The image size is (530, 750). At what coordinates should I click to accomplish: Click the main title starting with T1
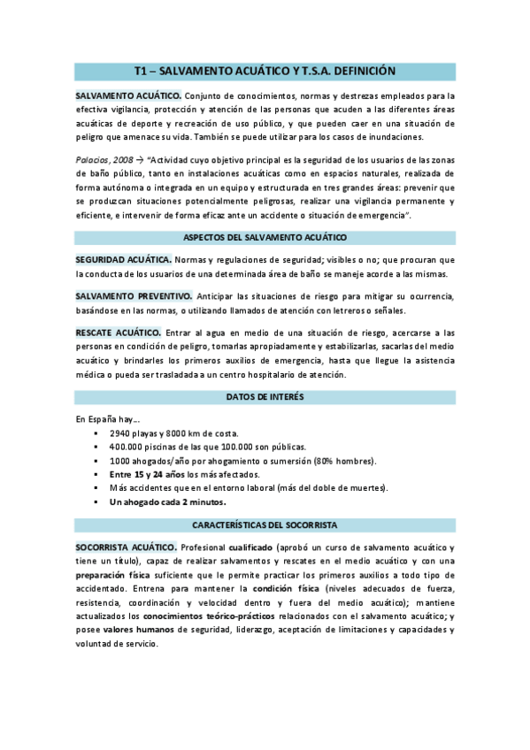(x=265, y=71)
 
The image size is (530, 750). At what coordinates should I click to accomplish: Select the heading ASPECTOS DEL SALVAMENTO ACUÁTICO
(x=265, y=238)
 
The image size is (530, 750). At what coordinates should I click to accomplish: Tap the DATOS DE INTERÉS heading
(x=265, y=397)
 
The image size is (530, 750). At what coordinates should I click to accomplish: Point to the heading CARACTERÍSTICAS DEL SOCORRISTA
(x=265, y=524)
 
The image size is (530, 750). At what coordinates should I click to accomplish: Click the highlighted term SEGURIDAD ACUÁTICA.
(x=123, y=260)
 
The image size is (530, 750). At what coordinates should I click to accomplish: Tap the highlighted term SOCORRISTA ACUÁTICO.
(x=126, y=547)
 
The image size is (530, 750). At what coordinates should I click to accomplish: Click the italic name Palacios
(x=93, y=159)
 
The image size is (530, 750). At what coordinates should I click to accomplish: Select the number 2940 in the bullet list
(x=121, y=434)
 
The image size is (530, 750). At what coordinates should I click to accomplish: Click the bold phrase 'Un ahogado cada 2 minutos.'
(x=167, y=502)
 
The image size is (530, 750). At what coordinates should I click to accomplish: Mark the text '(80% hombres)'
(x=343, y=461)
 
